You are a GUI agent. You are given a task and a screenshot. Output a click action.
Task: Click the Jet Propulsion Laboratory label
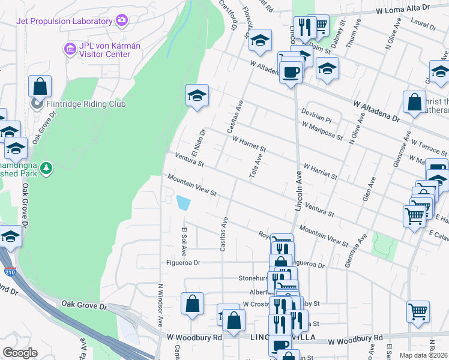[x=65, y=21]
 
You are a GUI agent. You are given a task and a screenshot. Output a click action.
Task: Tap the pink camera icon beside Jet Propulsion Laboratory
[x=122, y=20]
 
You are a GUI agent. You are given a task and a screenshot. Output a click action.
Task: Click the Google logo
[x=20, y=352]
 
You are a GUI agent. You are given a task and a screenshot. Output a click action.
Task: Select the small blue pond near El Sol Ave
[x=182, y=203]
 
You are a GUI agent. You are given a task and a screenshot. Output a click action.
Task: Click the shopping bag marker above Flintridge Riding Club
[x=40, y=86]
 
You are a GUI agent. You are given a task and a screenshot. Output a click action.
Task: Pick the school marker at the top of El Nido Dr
[x=196, y=95]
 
